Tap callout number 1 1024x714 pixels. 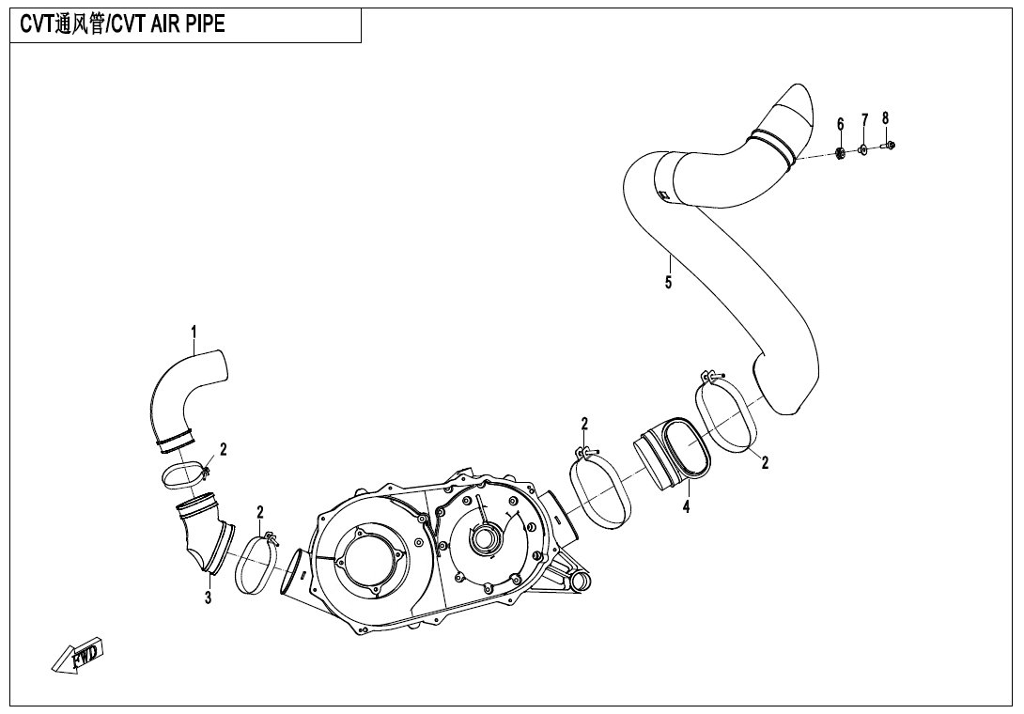coord(194,334)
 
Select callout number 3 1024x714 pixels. coord(209,598)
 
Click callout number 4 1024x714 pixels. coord(687,506)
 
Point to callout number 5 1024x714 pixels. coord(668,282)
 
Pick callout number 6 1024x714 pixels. coord(841,124)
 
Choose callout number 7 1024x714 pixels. coord(864,120)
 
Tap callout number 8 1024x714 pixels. coord(886,118)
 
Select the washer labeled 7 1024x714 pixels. coord(863,149)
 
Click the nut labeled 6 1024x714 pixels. coord(841,154)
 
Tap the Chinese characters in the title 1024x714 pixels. coord(80,24)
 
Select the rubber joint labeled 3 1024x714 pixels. coord(204,535)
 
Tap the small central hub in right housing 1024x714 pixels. coord(485,538)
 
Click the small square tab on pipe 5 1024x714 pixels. coord(663,194)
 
